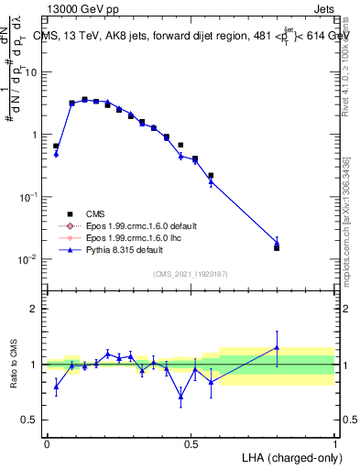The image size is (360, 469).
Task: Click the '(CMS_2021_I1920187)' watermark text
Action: click(x=191, y=273)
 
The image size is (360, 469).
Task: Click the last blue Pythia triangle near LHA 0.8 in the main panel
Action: click(x=277, y=243)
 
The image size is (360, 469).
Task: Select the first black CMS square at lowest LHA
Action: click(x=56, y=146)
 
